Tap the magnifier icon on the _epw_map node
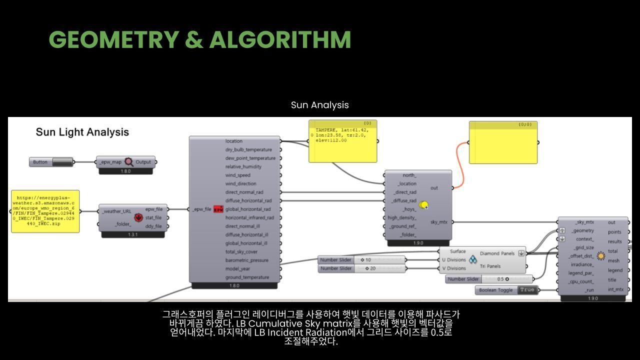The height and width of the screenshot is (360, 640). coord(129,162)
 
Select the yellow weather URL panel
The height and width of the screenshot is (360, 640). coord(45,211)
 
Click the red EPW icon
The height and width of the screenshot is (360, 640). coord(218,209)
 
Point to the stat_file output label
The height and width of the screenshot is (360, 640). coord(153,218)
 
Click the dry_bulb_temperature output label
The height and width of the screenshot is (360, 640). coord(248,150)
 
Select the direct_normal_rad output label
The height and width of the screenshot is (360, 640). coord(244,192)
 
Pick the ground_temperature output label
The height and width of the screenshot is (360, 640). coord(247,277)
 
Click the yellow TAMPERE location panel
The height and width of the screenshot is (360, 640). coord(343,141)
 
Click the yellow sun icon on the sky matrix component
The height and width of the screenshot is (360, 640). coord(424,205)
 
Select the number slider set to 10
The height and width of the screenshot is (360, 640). coord(379,260)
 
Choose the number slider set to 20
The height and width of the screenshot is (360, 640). coord(379,268)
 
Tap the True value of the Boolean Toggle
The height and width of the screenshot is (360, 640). coord(527,290)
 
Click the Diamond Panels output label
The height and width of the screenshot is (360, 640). coord(497,253)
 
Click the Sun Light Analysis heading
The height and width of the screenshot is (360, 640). coord(82,132)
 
